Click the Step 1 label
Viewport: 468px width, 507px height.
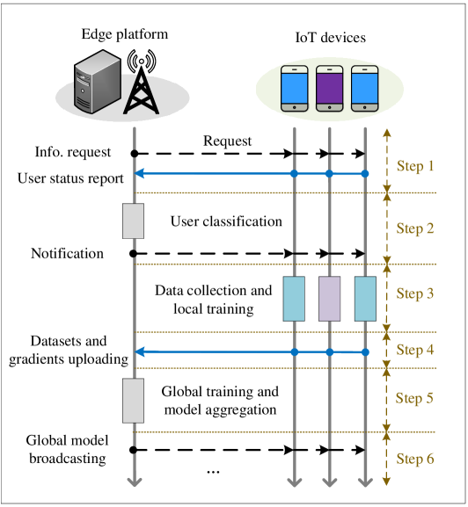point(414,166)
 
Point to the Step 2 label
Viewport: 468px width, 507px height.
point(414,228)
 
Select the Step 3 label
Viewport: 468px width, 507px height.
point(414,293)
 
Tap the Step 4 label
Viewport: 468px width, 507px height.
point(414,350)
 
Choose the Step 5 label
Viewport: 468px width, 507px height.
point(414,398)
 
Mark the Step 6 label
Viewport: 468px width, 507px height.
point(414,459)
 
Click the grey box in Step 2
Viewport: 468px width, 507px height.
point(133,221)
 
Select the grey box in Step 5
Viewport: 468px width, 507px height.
point(133,400)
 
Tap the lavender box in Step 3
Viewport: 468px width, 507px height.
point(329,299)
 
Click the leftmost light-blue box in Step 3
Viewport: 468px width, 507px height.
point(294,299)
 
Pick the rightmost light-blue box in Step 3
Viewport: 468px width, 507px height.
point(365,299)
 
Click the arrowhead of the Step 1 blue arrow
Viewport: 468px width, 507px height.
point(139,174)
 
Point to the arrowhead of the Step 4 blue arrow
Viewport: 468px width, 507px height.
point(139,351)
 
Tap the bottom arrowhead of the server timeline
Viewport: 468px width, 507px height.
point(134,481)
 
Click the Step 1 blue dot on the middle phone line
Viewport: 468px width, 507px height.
point(329,174)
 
